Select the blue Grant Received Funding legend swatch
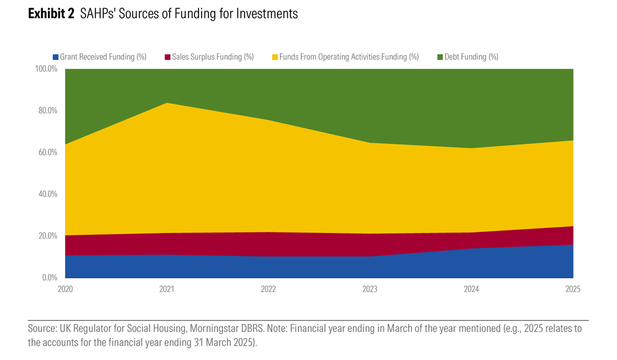(55, 57)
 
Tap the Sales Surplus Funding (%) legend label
(213, 57)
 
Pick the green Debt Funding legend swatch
(439, 57)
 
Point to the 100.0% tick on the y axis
(46, 69)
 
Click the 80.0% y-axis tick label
(48, 111)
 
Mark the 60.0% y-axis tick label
(48, 152)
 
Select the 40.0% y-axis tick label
(48, 194)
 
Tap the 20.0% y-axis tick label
(48, 236)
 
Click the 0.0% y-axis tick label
(49, 277)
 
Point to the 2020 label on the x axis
(65, 289)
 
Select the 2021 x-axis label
(167, 289)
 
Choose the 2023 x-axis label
(370, 289)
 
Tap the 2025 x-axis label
(573, 289)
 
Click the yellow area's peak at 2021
(167, 103)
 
